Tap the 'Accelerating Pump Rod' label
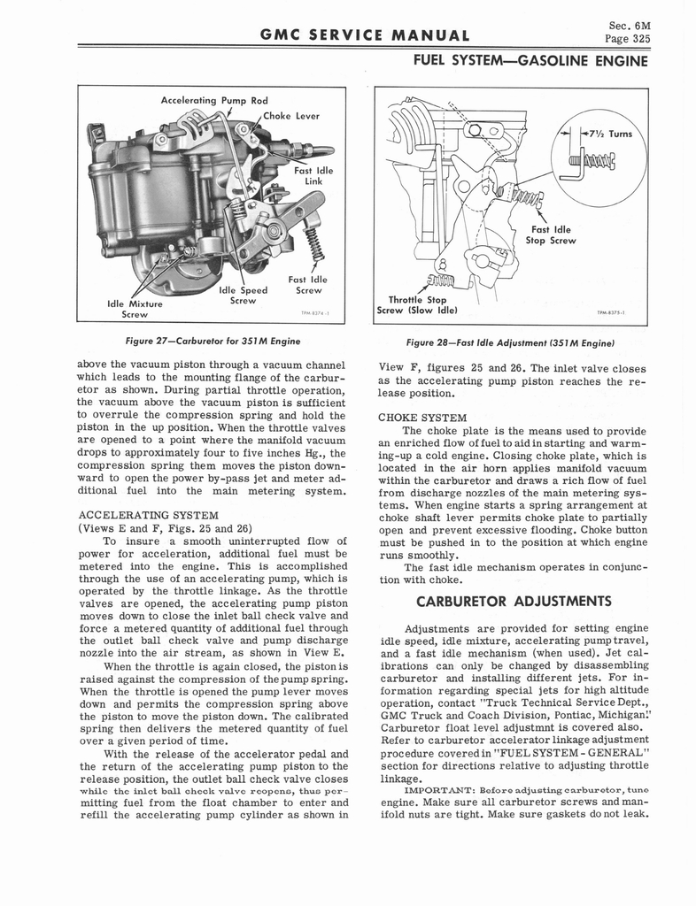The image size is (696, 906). [213, 100]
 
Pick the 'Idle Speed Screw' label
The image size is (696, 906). [242, 295]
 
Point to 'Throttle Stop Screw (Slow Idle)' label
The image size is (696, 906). [417, 303]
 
